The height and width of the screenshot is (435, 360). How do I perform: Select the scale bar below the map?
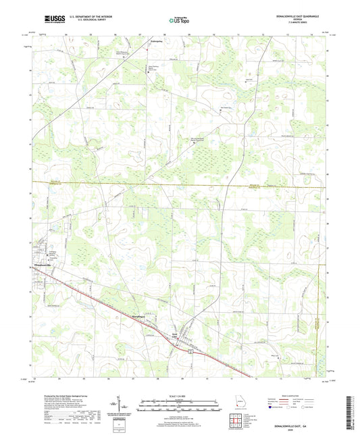pos(180,406)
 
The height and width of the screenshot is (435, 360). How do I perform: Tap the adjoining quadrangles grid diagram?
pos(238,422)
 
